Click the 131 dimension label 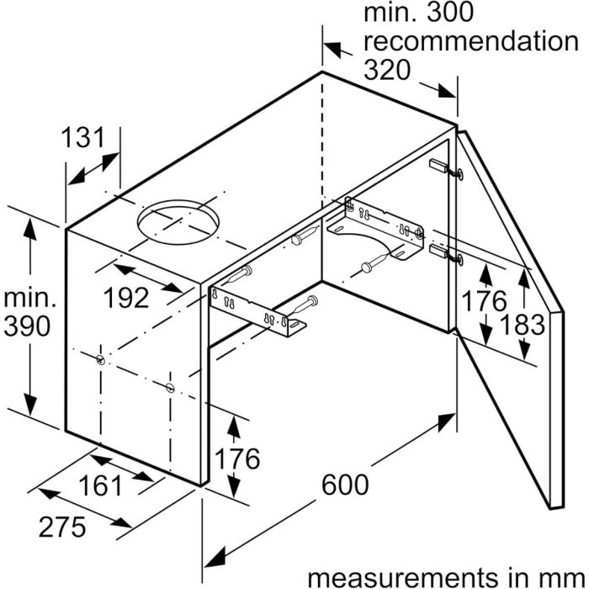(82, 137)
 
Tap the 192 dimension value (126, 298)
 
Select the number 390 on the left (27, 326)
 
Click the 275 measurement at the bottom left (62, 527)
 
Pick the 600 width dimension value (345, 484)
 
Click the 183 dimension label (523, 325)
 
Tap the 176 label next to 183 (484, 301)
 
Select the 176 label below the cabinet (236, 459)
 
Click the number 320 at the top (387, 70)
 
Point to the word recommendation (471, 41)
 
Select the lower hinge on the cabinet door (446, 254)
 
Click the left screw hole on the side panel (101, 359)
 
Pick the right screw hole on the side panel (170, 387)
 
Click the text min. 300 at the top (418, 13)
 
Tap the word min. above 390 (29, 298)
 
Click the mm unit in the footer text (567, 580)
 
